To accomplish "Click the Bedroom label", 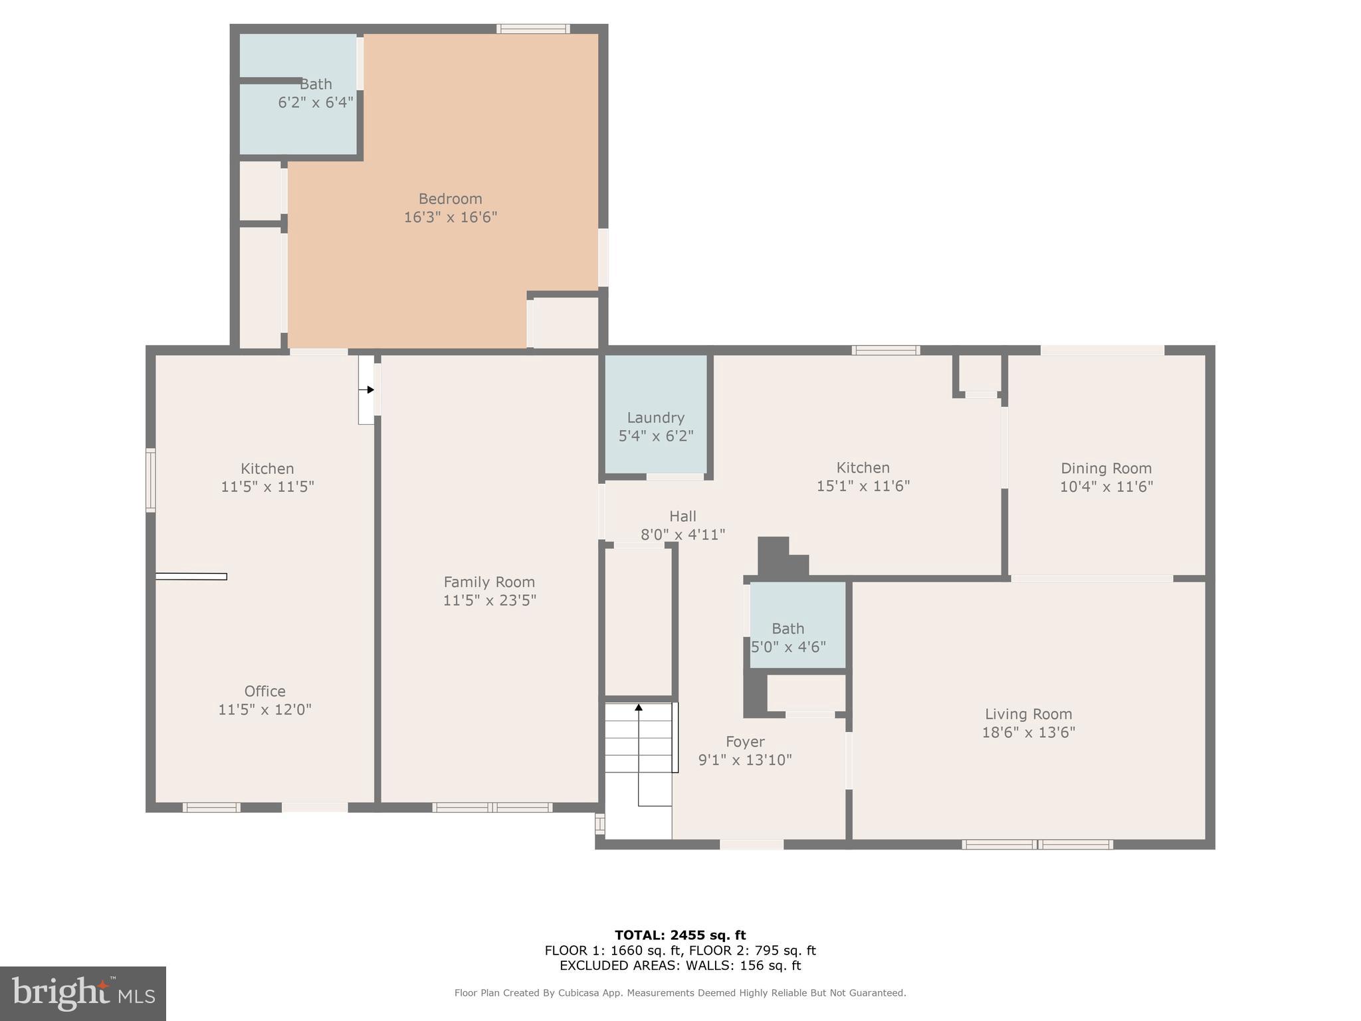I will pos(450,199).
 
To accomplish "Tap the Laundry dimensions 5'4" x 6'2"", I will pos(656,436).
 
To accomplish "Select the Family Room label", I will pos(489,582).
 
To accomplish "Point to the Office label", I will pos(264,691).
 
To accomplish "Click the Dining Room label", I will pos(1106,469).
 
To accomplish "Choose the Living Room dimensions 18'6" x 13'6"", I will pos(1028,733).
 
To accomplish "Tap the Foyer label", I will pos(745,742).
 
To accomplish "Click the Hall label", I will pos(682,516).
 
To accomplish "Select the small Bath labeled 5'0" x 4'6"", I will pos(788,629).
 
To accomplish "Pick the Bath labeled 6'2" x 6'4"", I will pos(315,85).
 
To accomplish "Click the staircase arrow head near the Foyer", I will pos(639,708).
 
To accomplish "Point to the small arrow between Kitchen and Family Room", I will pos(369,390).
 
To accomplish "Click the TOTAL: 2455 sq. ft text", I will pos(680,935).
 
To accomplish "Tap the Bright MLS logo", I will pos(83,994).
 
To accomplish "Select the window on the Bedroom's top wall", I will pos(533,29).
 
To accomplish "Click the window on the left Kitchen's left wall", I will pos(151,480).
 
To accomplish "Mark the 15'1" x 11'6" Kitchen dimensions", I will pos(863,486).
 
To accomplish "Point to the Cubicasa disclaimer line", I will pos(680,993).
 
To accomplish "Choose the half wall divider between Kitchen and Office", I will pos(191,576).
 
